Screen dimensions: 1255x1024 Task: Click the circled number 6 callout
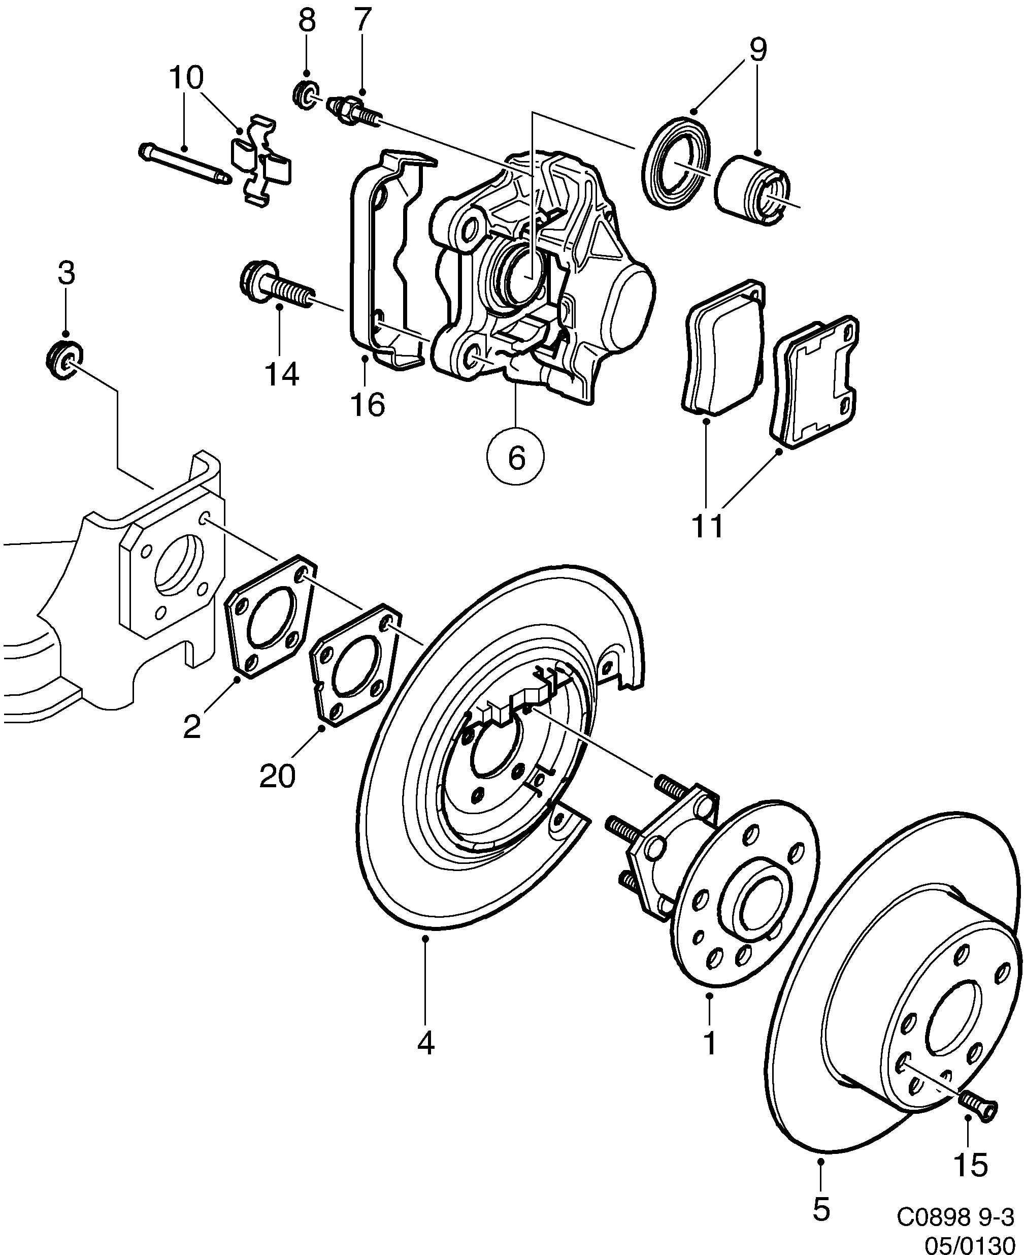pos(515,457)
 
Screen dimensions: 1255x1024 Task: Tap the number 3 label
pos(66,274)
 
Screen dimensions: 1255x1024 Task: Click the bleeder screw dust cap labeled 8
pos(306,93)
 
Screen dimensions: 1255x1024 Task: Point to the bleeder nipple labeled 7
pos(352,111)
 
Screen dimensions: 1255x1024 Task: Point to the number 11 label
pos(708,526)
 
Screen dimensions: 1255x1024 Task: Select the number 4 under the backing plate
pos(425,1043)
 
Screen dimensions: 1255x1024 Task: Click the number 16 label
pos(368,405)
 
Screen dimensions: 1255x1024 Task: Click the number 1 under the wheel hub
pos(710,1043)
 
